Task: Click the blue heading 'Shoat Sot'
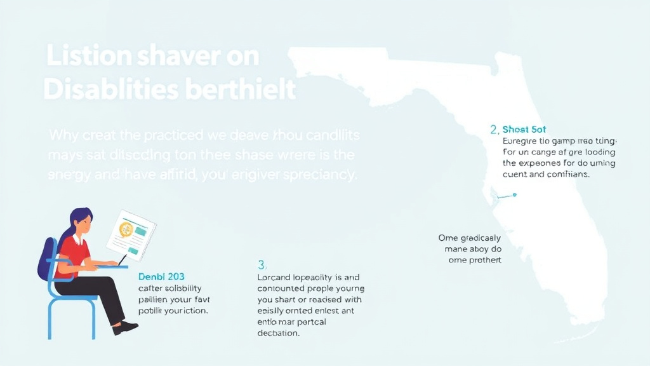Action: coord(524,130)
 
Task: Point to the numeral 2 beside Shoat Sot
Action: coord(493,130)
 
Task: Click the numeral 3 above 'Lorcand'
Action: coord(261,264)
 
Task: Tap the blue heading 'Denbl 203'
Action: coord(161,276)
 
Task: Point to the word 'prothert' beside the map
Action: coord(483,260)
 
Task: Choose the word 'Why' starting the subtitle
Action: coord(63,135)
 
